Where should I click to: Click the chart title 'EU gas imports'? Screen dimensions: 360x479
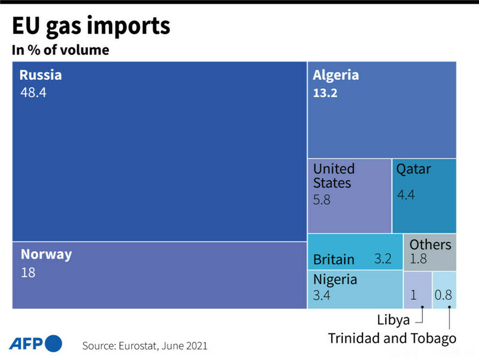tap(91, 26)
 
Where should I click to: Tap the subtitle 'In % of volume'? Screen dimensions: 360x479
tap(60, 50)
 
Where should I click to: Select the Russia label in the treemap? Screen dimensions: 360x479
tap(40, 75)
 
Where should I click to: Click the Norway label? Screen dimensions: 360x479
tap(46, 255)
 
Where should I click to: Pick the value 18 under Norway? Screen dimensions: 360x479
tap(28, 273)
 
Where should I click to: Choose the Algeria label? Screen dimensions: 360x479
tap(336, 75)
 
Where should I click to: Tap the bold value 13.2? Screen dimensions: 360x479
tap(325, 93)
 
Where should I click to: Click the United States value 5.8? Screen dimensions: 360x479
tap(322, 200)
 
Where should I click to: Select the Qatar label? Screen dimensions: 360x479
tap(413, 169)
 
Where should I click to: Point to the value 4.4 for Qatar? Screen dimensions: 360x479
tap(406, 194)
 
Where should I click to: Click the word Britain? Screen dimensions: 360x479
tap(334, 260)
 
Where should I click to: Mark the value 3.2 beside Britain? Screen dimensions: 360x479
tap(383, 258)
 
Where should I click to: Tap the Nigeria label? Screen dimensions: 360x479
tap(335, 279)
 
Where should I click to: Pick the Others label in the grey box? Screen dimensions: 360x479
tap(430, 245)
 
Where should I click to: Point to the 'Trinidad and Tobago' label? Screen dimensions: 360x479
tap(393, 339)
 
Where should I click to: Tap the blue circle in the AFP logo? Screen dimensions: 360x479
tap(53, 343)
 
